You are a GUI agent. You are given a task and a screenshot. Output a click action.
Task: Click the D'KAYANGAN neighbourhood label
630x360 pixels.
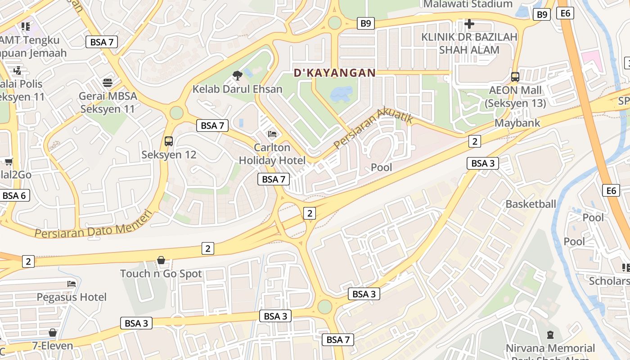tap(334, 72)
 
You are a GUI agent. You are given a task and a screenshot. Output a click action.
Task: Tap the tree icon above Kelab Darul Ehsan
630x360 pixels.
tap(237, 75)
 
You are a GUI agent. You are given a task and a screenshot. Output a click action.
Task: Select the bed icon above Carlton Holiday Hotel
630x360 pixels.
tap(272, 134)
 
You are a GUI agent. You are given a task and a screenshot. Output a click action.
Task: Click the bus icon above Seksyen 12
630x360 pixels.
tap(169, 141)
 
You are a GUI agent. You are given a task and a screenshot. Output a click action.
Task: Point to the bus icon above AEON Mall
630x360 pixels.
tap(515, 77)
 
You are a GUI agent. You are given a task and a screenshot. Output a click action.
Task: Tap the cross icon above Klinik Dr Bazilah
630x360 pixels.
tap(469, 23)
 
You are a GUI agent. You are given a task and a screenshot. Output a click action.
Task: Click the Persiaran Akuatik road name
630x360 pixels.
tap(373, 130)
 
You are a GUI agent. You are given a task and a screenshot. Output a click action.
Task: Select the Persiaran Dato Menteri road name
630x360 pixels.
tap(94, 227)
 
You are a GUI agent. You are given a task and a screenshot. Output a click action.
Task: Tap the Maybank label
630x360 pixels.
tap(517, 123)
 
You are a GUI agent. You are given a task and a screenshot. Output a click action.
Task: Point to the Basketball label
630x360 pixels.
tap(531, 204)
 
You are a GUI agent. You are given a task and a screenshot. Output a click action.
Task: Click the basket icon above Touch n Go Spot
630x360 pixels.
tap(161, 260)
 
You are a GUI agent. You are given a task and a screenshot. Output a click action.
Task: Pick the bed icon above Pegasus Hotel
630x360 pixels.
tap(72, 283)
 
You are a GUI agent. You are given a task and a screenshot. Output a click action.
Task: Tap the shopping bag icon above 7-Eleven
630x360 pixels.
tap(53, 333)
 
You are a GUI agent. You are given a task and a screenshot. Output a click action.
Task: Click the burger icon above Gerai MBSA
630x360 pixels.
tap(108, 82)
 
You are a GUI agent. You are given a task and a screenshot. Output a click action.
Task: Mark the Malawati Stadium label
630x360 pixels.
tap(468, 4)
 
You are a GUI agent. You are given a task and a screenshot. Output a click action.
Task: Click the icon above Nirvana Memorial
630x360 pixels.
tap(550, 335)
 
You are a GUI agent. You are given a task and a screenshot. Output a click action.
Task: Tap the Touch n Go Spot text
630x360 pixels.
tap(161, 274)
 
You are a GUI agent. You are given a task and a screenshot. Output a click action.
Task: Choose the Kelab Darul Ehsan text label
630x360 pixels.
tap(237, 89)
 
